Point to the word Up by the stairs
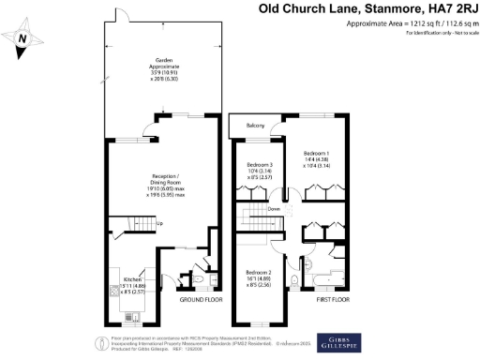(x=158, y=223)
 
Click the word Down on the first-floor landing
(x=274, y=210)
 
